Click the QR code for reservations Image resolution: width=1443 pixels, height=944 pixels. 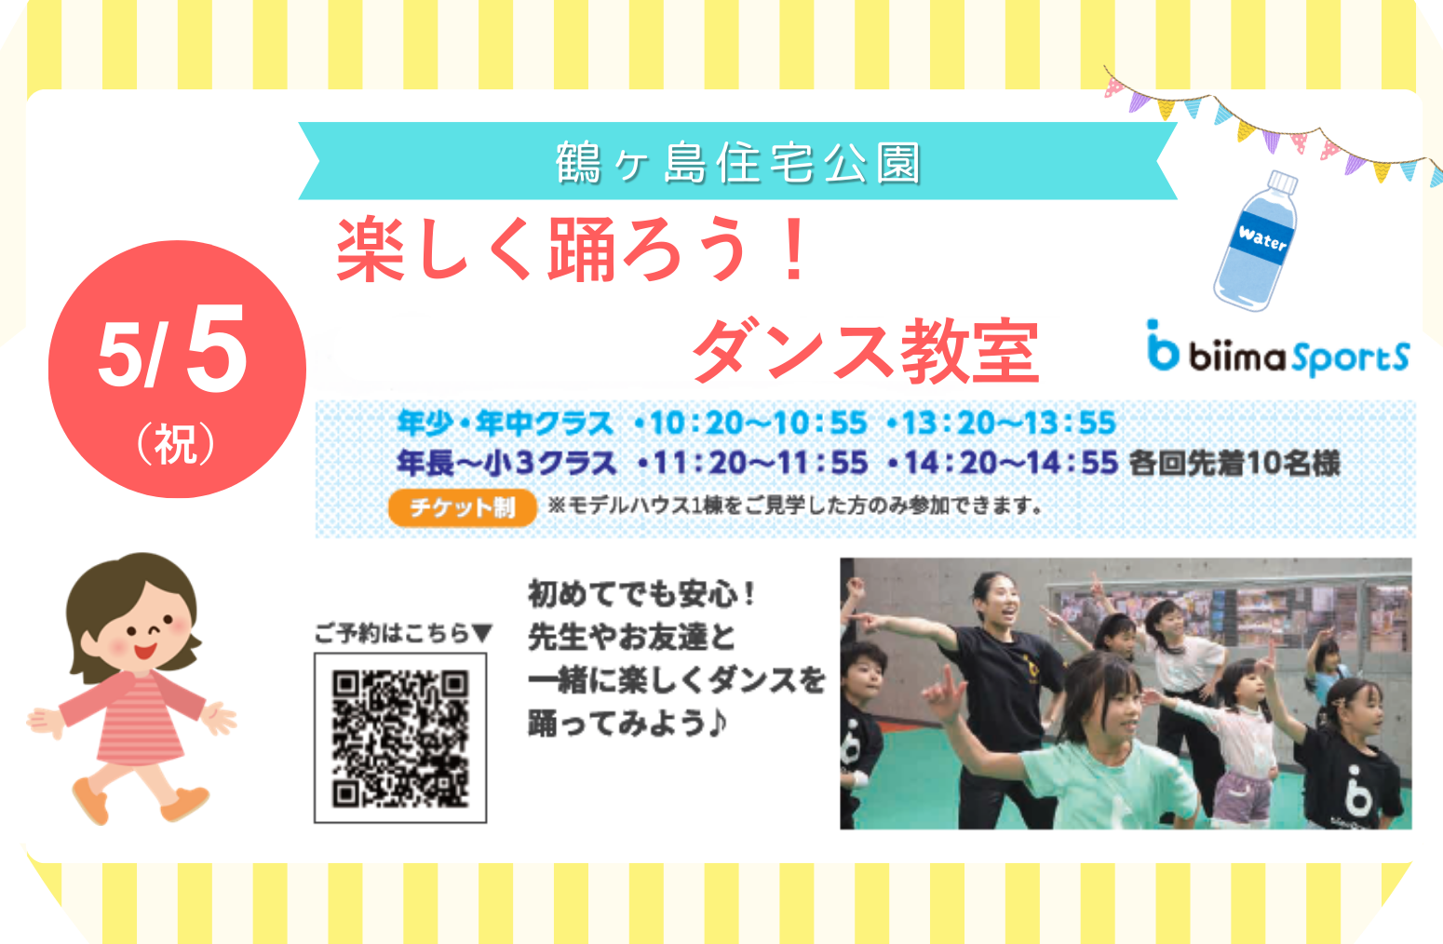coord(400,738)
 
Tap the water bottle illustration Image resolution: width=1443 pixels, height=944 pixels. coord(1255,241)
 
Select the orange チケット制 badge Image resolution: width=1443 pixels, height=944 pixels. coord(462,507)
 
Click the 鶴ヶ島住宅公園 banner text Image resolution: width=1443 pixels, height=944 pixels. coord(738,162)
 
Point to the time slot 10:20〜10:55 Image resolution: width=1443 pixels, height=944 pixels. coord(758,424)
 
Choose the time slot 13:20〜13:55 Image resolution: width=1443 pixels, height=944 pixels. coord(1009,424)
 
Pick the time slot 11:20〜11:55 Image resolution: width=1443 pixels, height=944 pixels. coord(761,464)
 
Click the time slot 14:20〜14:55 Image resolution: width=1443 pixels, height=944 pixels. coord(1011,464)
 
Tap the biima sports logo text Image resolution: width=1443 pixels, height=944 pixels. coord(1279,351)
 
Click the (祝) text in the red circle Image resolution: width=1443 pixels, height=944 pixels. coord(175,443)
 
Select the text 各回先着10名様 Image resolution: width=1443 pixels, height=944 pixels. coord(1234,464)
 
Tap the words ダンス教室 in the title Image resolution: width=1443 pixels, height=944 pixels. coord(866,351)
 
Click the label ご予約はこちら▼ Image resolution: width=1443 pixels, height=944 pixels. coord(403,633)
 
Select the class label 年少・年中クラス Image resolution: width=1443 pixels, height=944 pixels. coord(506,424)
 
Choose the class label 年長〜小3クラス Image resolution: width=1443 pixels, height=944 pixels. coord(507,464)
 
